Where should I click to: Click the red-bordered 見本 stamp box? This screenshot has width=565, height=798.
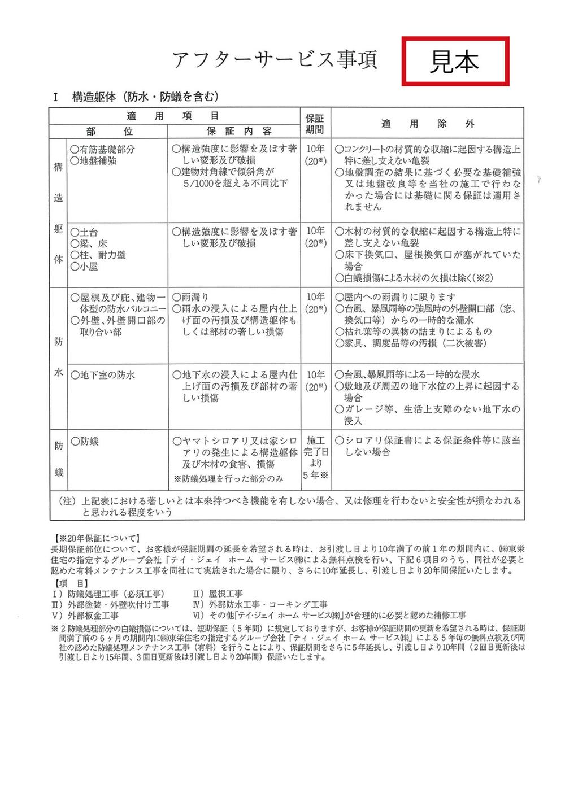(455, 61)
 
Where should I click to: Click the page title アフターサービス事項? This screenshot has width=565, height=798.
(275, 59)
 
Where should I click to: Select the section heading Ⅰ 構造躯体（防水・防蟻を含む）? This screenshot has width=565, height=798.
(136, 97)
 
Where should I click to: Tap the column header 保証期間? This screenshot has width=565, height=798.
(315, 124)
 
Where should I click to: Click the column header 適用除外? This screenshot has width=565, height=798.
(427, 124)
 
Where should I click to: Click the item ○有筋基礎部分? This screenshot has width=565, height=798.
(102, 149)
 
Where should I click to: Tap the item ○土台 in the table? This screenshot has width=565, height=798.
(84, 232)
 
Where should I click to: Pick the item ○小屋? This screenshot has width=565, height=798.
(84, 267)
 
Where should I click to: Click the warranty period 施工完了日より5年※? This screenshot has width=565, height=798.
(315, 457)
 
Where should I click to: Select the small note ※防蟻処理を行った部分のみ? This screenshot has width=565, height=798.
(228, 479)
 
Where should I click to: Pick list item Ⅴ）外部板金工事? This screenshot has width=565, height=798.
(85, 615)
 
